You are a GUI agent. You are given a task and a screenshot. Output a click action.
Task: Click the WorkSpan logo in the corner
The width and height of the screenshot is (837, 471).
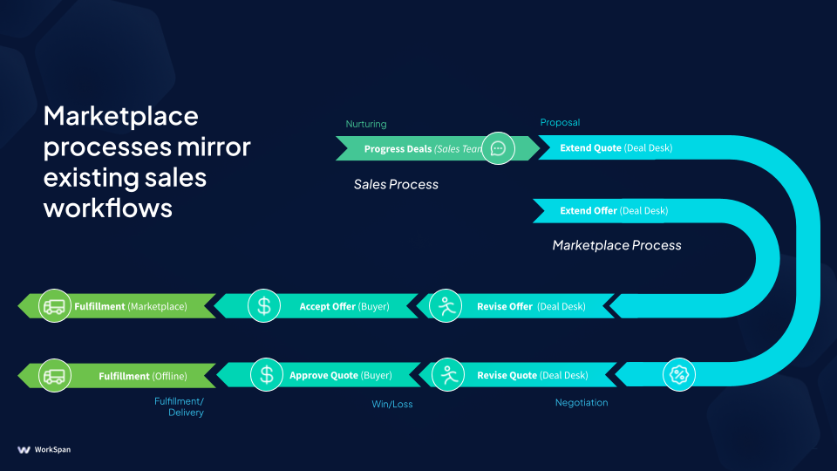44,449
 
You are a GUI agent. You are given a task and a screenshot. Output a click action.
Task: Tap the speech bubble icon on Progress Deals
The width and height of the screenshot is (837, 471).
498,148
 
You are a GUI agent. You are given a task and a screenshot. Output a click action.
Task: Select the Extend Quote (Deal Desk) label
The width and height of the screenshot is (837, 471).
616,148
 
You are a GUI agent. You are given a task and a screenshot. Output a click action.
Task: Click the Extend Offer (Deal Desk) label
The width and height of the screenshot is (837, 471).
614,210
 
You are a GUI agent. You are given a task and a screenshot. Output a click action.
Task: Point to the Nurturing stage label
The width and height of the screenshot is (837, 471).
365,124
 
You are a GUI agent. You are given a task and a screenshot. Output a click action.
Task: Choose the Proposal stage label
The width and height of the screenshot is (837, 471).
560,123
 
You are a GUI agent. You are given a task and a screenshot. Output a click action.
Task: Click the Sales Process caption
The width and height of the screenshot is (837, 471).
396,184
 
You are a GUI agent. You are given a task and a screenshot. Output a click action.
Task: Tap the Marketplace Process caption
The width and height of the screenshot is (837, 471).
616,245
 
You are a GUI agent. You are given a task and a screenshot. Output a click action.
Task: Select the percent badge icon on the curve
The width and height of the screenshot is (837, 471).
678,375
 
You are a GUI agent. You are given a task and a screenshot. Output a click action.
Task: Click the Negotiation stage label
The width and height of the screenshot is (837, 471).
582,402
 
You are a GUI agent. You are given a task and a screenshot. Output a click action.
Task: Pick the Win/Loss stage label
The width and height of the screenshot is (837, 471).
392,404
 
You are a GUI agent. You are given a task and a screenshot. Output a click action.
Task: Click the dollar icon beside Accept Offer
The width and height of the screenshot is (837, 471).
264,306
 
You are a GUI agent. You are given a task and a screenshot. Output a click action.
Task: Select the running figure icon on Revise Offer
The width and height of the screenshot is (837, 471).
446,306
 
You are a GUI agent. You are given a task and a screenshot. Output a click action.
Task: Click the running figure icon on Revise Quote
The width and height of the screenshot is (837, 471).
449,375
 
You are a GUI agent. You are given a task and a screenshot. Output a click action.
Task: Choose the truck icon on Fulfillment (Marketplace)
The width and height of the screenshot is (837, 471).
54,306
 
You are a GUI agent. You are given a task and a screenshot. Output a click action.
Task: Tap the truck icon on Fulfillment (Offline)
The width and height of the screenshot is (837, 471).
54,375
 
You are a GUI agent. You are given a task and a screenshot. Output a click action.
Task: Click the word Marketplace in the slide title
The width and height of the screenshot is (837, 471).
121,116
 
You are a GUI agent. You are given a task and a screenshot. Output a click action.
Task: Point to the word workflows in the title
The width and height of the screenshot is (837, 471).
108,208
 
